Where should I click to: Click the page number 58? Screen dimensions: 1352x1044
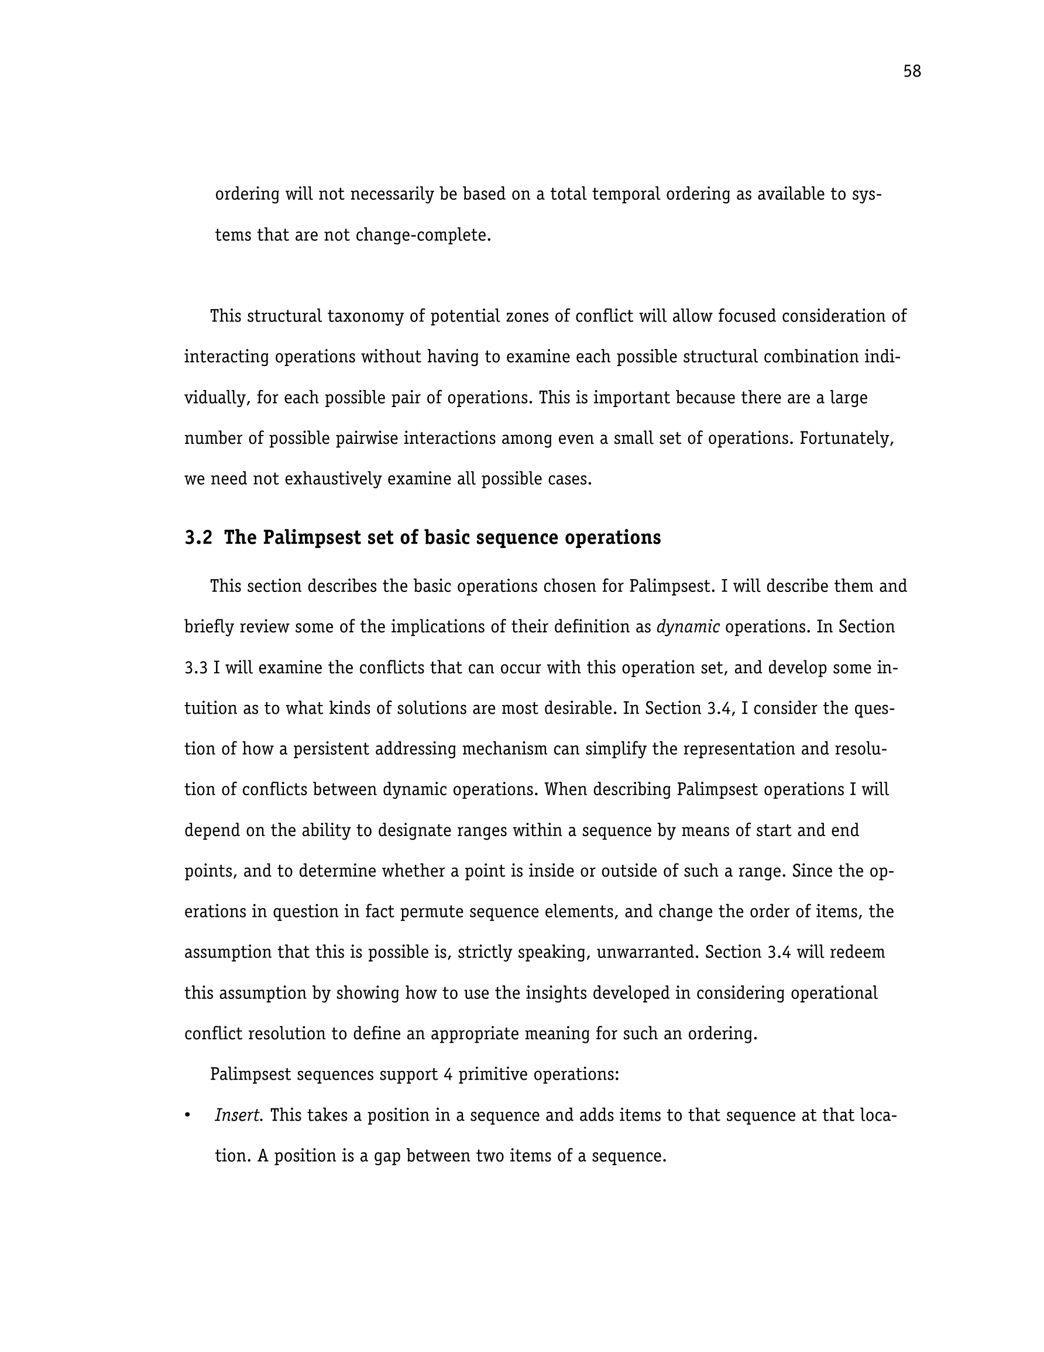912,72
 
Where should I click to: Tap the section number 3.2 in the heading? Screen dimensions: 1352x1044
198,538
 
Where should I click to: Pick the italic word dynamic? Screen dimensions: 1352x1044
688,627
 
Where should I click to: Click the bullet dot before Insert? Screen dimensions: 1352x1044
187,1115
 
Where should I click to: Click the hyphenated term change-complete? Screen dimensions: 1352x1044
423,235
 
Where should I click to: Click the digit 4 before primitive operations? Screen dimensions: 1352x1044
448,1074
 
